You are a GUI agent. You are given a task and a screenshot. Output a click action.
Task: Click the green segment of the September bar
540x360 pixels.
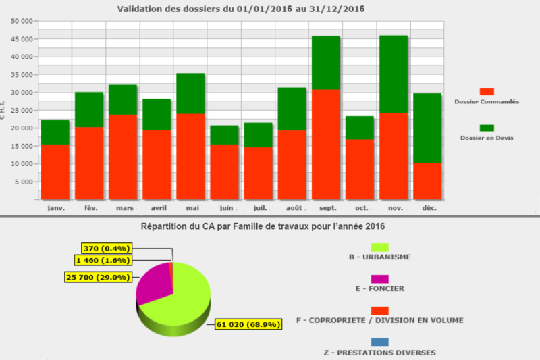[x=325, y=63]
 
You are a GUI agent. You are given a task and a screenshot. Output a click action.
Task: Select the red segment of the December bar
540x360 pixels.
[x=427, y=181]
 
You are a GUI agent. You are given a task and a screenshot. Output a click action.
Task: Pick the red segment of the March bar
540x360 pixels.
[x=123, y=157]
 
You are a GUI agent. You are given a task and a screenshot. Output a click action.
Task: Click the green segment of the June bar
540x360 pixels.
[x=223, y=135]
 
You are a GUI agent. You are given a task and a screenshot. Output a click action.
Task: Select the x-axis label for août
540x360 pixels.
[x=292, y=208]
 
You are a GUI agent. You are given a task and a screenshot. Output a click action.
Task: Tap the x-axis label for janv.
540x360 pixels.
[x=55, y=208]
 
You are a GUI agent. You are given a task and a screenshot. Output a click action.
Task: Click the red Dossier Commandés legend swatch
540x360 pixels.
[x=487, y=91]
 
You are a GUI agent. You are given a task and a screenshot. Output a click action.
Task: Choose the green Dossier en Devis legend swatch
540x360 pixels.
[x=487, y=128]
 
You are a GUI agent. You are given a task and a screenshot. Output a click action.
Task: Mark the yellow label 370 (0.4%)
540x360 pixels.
[x=104, y=249]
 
